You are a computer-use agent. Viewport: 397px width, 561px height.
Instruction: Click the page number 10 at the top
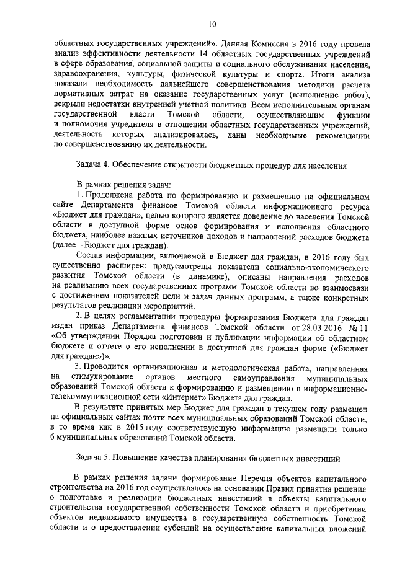point(212,24)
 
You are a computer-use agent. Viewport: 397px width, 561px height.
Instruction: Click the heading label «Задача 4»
point(91,166)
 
